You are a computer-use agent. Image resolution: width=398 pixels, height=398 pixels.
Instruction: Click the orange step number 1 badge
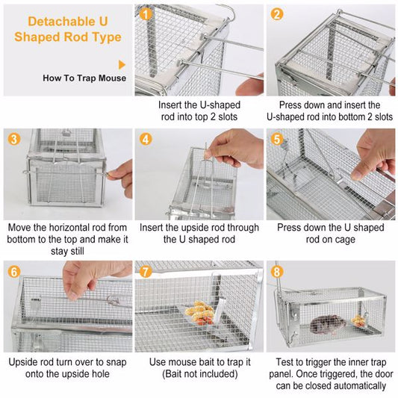coord(146,13)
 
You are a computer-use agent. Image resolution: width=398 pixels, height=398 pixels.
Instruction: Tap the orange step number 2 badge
coord(277,13)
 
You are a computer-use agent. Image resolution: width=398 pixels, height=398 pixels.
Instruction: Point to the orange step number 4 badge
coord(146,139)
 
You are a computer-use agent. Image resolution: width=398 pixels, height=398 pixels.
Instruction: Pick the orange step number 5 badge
coord(277,139)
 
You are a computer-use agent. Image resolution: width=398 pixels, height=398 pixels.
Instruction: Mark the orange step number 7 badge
coord(146,271)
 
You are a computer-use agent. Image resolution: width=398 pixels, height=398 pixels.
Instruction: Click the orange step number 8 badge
coord(277,271)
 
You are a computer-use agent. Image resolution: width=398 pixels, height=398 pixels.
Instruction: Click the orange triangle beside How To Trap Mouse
coord(122,66)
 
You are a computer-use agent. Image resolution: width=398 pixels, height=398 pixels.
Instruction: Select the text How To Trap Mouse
coord(84,78)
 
